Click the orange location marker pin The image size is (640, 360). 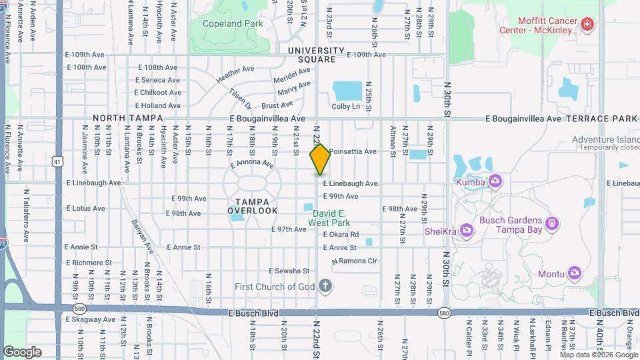320,159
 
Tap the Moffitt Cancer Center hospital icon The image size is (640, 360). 587,25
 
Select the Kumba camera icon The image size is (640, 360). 495,181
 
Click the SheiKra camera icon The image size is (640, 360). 466,231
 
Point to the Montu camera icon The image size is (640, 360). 574,273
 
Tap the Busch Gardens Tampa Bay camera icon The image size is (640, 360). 551,222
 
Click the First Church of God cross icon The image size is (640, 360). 325,287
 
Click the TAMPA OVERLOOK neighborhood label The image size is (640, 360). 252,206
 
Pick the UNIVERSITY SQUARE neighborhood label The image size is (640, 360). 316,55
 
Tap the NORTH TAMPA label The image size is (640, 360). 128,118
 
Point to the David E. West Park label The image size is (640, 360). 329,219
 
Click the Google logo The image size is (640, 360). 23,351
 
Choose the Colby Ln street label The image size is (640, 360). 345,106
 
